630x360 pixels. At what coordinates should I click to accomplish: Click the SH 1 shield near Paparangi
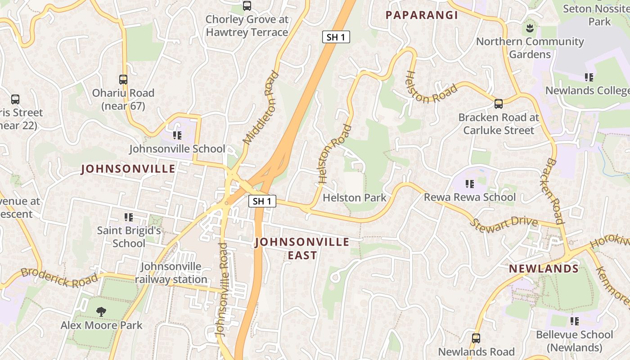click(336, 37)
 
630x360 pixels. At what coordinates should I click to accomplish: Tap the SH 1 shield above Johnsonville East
click(262, 201)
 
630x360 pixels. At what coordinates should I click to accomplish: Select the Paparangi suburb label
click(422, 15)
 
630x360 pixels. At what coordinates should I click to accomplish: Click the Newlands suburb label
click(544, 269)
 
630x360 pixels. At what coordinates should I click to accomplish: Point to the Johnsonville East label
click(302, 248)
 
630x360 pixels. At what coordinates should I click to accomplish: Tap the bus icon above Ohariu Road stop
click(123, 80)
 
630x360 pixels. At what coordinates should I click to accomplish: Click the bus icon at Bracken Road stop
click(498, 104)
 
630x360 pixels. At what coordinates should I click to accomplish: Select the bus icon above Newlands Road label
click(476, 338)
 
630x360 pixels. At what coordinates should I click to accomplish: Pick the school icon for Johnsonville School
click(177, 135)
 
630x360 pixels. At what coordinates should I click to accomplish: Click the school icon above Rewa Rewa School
click(470, 184)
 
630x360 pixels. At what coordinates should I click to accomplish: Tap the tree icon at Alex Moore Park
click(101, 311)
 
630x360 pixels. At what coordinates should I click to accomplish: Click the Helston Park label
click(355, 198)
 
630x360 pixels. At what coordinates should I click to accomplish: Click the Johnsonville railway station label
click(171, 273)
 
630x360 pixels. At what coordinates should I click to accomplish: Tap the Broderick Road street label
click(59, 277)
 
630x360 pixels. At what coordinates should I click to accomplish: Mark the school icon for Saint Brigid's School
click(129, 217)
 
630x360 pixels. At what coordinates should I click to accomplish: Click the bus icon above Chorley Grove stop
click(247, 6)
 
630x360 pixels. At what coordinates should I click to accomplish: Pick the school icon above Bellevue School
click(575, 321)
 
